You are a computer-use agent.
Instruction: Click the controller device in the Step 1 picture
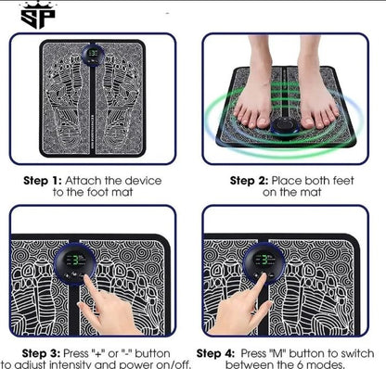[93, 57]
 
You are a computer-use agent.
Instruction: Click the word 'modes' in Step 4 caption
[345, 365]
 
